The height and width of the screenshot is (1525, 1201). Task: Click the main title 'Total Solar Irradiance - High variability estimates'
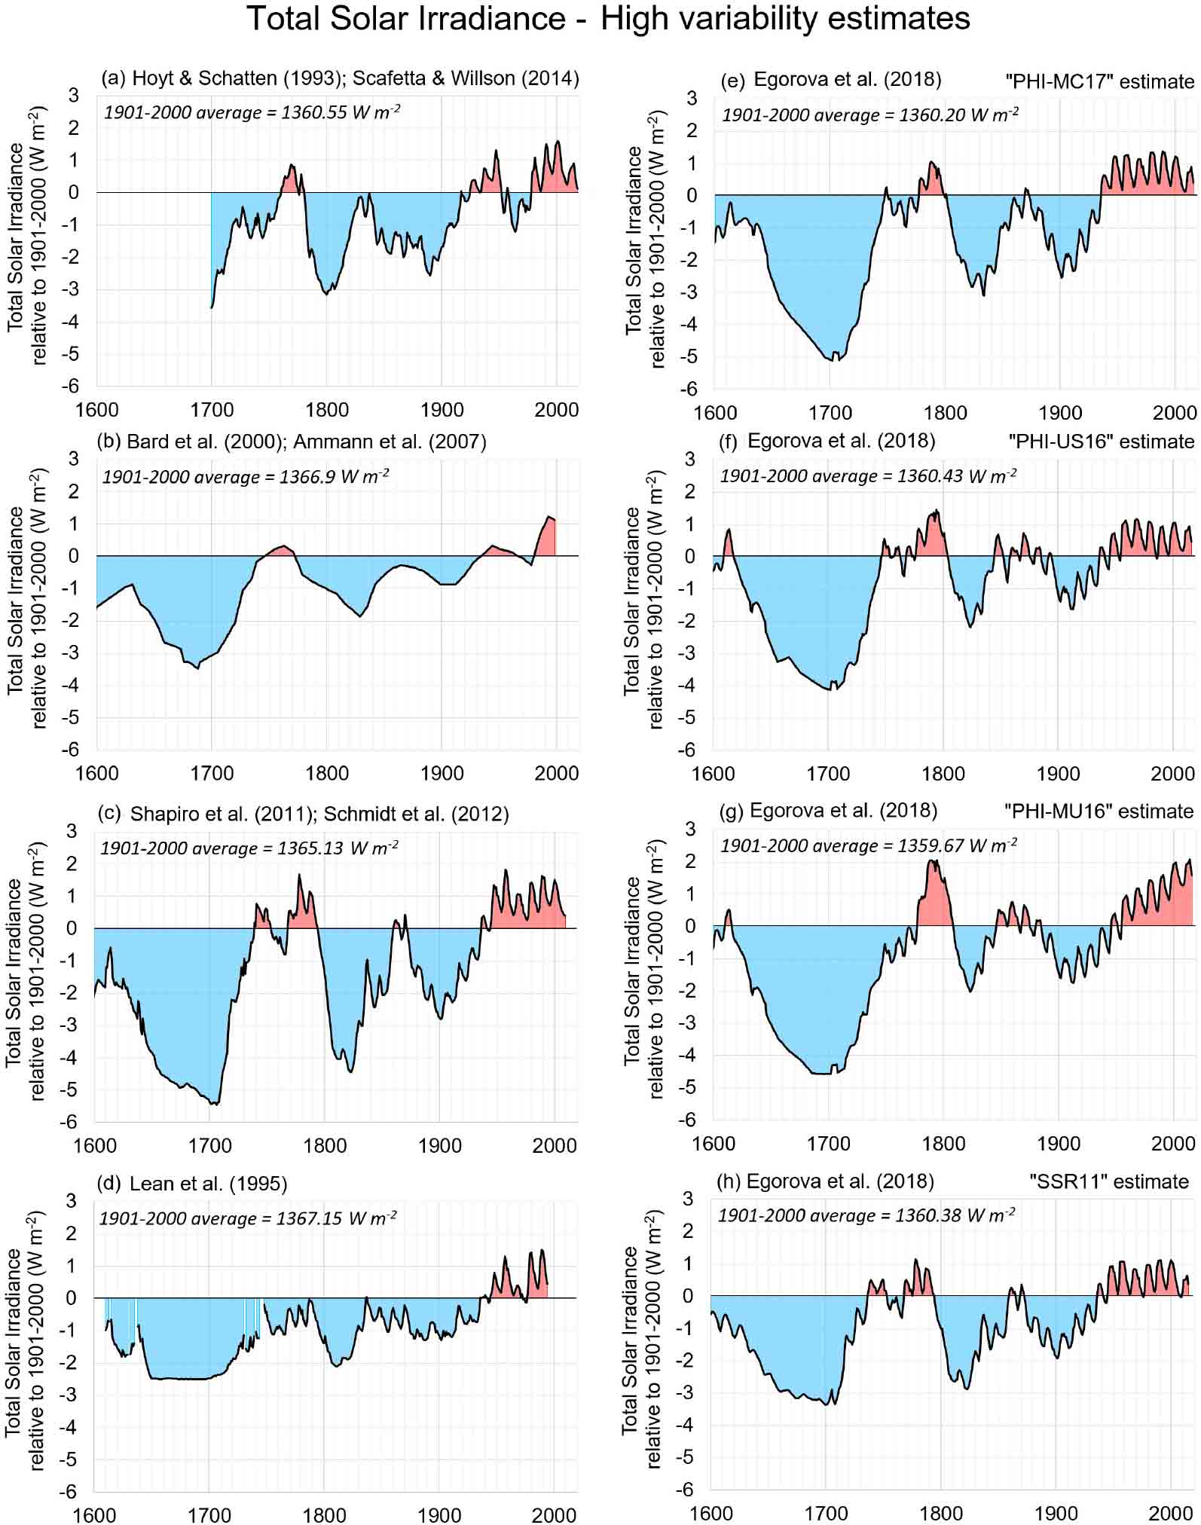tap(608, 19)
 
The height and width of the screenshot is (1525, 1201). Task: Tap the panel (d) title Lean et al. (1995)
tap(208, 1184)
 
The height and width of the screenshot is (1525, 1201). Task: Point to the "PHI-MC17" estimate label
tap(1099, 81)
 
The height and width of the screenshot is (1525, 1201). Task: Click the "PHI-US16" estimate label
tap(1101, 441)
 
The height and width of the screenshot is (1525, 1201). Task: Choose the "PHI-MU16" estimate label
tap(1099, 811)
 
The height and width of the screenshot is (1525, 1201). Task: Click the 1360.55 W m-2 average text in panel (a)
tap(252, 113)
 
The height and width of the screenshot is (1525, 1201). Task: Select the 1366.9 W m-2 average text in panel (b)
tap(246, 477)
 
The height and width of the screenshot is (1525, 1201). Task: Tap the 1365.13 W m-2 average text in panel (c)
tap(249, 848)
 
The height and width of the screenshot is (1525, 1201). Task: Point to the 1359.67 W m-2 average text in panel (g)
tap(869, 845)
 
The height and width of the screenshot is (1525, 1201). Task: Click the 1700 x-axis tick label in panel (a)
tap(212, 410)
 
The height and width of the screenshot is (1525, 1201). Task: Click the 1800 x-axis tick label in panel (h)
tap(941, 1513)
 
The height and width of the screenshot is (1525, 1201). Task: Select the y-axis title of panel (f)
tap(643, 599)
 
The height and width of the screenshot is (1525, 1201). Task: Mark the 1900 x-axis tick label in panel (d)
tap(439, 1514)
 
